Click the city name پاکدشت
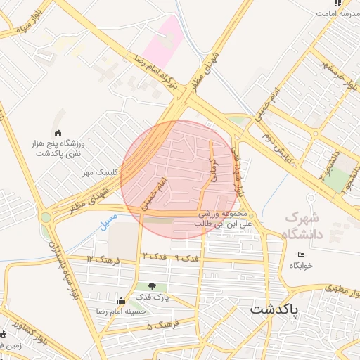[x=274, y=309]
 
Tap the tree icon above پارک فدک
[x=152, y=286]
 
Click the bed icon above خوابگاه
[x=302, y=255]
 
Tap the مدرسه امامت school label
[x=338, y=14]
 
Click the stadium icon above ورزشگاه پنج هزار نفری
[x=58, y=134]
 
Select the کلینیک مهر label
[x=98, y=172]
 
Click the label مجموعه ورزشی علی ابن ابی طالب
[x=221, y=218]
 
